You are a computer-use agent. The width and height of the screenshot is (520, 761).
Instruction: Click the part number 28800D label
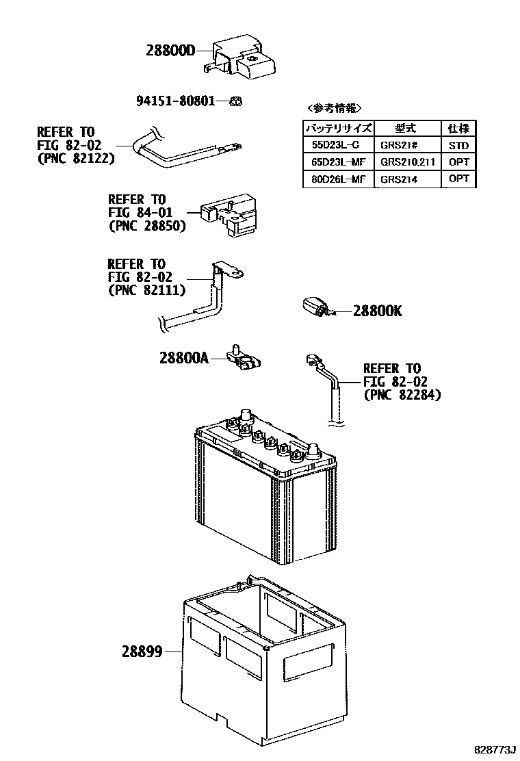pyautogui.click(x=170, y=50)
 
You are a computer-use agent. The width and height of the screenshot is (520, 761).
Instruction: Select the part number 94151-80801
pyautogui.click(x=175, y=101)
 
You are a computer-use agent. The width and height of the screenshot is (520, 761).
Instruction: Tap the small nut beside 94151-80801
pyautogui.click(x=233, y=101)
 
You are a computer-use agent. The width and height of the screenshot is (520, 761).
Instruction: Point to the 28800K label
pyautogui.click(x=377, y=311)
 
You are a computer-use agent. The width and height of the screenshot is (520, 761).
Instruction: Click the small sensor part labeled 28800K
pyautogui.click(x=316, y=307)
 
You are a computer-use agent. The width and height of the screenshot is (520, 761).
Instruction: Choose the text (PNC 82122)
pyautogui.click(x=75, y=157)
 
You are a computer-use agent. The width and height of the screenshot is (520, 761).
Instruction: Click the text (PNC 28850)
pyautogui.click(x=146, y=225)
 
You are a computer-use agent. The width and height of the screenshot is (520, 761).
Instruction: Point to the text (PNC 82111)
pyautogui.click(x=146, y=289)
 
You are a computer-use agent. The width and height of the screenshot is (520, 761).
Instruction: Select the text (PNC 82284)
pyautogui.click(x=402, y=395)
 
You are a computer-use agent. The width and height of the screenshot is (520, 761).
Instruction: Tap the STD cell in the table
pyautogui.click(x=458, y=145)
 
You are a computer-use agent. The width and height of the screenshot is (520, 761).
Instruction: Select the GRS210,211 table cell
pyautogui.click(x=408, y=162)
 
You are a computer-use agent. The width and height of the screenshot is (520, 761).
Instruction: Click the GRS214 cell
pyautogui.click(x=400, y=179)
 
